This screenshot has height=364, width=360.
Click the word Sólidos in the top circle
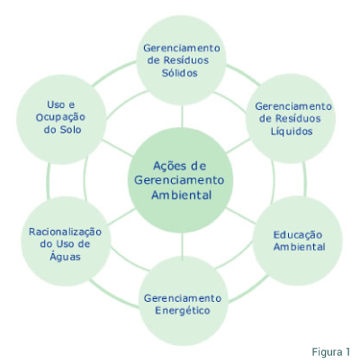[180, 73]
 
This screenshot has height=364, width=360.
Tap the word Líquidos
[292, 132]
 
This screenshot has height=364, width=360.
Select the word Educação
[298, 235]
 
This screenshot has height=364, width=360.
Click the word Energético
[183, 310]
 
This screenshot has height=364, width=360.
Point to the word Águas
[65, 257]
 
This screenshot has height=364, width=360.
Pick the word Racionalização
[65, 232]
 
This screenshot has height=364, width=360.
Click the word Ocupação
[60, 117]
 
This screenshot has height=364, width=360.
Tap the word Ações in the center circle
[167, 166]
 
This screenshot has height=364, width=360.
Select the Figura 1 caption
[330, 351]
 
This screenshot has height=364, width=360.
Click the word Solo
[70, 130]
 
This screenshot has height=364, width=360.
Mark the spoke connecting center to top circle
[182, 116]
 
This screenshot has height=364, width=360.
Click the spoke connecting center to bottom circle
[182, 247]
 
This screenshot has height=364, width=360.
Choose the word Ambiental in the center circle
[182, 196]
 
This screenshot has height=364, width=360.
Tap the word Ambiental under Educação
[299, 247]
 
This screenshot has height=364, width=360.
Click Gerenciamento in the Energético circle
[183, 298]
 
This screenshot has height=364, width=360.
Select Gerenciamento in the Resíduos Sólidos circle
[182, 48]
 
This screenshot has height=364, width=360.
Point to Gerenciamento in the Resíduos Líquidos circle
[293, 106]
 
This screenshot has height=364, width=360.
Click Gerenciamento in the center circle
[179, 180]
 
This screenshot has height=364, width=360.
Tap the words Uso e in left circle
[60, 105]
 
